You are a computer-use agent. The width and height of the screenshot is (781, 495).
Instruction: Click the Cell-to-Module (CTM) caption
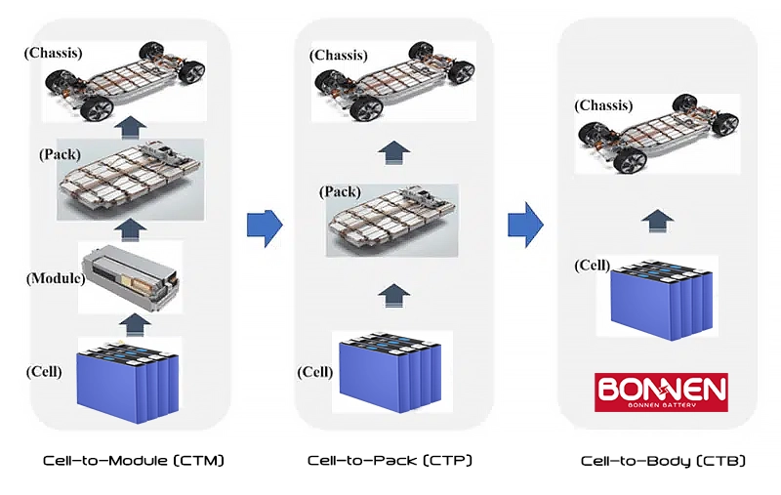click(134, 460)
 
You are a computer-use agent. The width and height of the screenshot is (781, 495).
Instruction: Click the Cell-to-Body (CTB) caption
click(663, 460)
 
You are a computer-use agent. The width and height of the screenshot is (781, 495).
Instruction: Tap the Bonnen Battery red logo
click(661, 392)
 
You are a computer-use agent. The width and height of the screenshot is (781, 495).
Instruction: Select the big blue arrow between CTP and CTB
click(525, 225)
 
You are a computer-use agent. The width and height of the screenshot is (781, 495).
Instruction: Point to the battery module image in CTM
click(131, 277)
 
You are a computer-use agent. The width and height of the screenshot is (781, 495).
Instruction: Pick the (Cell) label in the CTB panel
click(592, 266)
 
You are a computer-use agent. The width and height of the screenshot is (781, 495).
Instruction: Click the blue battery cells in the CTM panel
click(130, 380)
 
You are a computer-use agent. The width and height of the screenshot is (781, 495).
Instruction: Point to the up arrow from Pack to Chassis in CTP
click(392, 150)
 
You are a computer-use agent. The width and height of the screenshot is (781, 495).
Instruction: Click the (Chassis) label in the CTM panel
click(53, 52)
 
